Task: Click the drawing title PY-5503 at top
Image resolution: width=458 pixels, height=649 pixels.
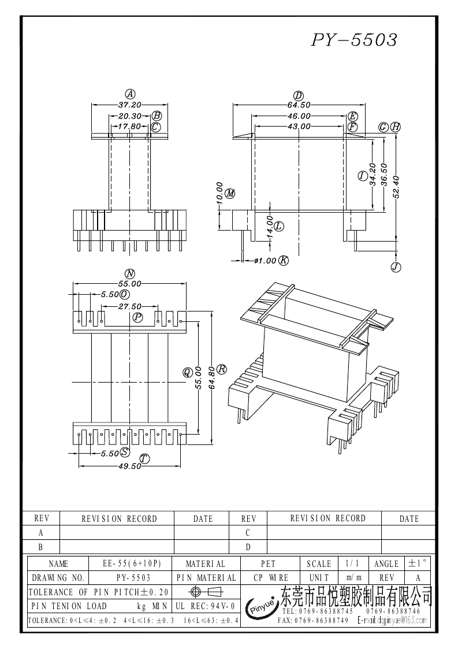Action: [x=354, y=40]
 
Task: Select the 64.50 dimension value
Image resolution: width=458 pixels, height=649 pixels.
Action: [x=299, y=105]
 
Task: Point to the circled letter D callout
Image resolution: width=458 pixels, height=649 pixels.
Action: [x=299, y=95]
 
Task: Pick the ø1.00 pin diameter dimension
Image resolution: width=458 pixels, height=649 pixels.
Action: [x=265, y=261]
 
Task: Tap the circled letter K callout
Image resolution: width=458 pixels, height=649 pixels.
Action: [x=284, y=261]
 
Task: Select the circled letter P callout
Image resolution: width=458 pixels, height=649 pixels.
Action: [x=138, y=317]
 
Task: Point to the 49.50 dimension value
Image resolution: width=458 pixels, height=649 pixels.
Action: [x=129, y=466]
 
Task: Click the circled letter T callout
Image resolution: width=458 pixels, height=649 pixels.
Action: [x=144, y=459]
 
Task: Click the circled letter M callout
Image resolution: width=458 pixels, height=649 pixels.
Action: [x=230, y=193]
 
